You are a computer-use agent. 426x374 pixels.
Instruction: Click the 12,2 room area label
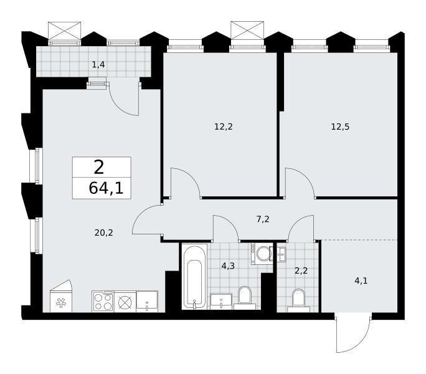[x=224, y=127]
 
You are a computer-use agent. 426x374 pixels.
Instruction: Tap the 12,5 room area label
[x=340, y=127]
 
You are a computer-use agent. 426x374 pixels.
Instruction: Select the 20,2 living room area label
[x=103, y=233]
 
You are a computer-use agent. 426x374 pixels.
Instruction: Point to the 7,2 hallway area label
[x=263, y=219]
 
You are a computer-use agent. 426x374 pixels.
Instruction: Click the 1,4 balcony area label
[x=98, y=65]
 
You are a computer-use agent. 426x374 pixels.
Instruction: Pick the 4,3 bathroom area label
[x=228, y=266]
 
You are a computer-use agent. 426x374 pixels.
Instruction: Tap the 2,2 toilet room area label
[x=301, y=271]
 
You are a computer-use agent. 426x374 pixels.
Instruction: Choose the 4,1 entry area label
[x=361, y=280]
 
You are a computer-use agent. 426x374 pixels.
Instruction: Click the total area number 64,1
[x=106, y=188]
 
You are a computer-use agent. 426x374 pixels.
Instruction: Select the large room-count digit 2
[x=99, y=167]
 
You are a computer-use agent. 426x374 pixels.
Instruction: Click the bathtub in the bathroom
[x=194, y=277]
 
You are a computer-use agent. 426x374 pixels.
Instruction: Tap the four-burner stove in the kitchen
[x=103, y=301]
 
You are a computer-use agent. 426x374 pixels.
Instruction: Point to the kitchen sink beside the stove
[x=147, y=301]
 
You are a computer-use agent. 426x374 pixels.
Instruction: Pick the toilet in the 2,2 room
[x=298, y=300]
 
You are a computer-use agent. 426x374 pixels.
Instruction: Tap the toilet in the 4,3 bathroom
[x=245, y=298]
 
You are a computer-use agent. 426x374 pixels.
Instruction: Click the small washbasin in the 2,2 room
[x=282, y=254]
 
